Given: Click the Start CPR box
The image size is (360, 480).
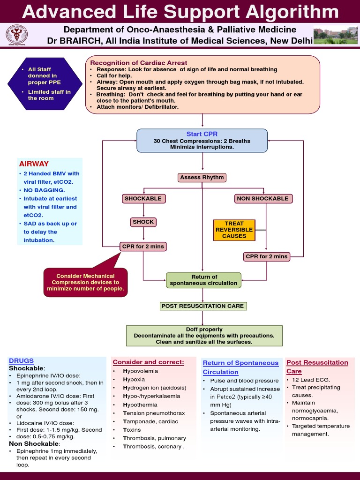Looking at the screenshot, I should (202, 140).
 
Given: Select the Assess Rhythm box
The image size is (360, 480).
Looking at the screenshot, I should (202, 178).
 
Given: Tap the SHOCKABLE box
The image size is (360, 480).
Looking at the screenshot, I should (143, 198).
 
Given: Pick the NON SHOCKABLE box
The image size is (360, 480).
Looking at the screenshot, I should (262, 198).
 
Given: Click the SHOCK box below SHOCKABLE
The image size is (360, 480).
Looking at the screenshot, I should (143, 222).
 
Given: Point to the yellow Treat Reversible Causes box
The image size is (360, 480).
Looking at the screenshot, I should (234, 230).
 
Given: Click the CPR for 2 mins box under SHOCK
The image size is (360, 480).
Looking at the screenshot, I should (143, 246).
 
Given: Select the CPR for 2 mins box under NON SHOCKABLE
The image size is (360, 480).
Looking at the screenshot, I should (266, 256).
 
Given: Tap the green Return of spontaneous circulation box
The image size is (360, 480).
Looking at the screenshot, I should (204, 280).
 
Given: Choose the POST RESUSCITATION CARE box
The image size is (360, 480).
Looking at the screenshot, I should (202, 306).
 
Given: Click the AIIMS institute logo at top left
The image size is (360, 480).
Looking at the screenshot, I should (16, 35).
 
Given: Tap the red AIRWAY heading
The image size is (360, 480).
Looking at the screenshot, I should (34, 164).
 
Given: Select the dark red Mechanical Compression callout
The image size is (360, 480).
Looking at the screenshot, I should (85, 282).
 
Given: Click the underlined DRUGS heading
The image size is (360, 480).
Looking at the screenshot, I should (21, 360).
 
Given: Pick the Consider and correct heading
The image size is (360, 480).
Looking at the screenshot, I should (148, 362).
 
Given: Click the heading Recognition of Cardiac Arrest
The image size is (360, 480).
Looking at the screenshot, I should (138, 63).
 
